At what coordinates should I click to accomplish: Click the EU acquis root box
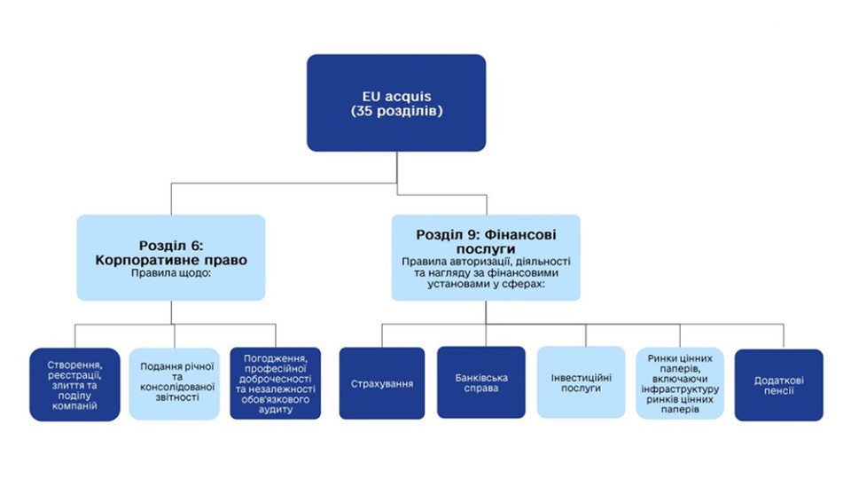pos(396,102)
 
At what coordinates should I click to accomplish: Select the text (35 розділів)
pos(396,112)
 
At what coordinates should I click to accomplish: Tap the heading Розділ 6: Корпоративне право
pos(170,254)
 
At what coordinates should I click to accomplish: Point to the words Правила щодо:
pos(170,274)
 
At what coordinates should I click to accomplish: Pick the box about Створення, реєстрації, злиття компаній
pos(74,383)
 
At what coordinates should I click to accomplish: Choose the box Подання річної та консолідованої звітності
pos(174,383)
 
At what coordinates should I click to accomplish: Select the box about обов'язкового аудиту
pos(274,383)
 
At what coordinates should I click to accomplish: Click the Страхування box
pos(382,383)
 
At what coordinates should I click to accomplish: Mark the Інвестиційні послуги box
pos(581,382)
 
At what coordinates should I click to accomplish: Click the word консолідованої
pos(174,388)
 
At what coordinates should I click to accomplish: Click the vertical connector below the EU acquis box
pos(396,167)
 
